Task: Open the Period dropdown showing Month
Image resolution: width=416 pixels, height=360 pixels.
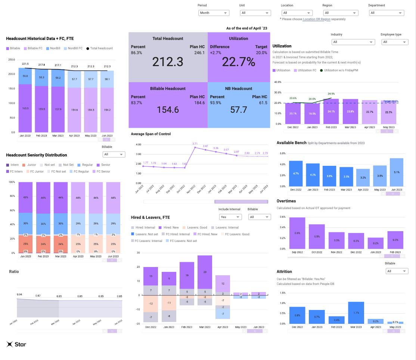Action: pos(214,13)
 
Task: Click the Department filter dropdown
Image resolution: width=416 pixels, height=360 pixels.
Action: pos(386,13)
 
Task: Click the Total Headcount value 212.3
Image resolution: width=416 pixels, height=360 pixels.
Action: pos(168,62)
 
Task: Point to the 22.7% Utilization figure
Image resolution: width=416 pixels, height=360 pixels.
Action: pos(238,62)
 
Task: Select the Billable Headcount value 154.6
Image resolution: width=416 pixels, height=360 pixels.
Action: pos(168,109)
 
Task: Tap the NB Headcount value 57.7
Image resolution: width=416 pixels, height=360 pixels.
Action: pos(238,109)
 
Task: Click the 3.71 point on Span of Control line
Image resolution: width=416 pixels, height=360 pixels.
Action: pos(195,148)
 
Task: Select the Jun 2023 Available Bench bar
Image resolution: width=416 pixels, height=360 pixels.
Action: pos(396,173)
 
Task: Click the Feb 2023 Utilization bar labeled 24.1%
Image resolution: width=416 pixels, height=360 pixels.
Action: pos(330,111)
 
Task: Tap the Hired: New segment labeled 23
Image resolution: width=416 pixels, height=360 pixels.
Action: pos(205,272)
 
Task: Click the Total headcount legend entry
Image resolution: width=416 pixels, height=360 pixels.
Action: pos(99,48)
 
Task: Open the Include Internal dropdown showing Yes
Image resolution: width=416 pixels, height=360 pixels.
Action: pos(230,217)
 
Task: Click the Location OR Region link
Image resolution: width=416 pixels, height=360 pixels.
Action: pos(317,19)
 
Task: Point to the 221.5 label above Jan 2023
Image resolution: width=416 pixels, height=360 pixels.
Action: pos(25,64)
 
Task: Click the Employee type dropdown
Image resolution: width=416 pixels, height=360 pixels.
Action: pos(394,42)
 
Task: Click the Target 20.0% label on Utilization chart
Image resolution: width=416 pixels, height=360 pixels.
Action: pos(390,101)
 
